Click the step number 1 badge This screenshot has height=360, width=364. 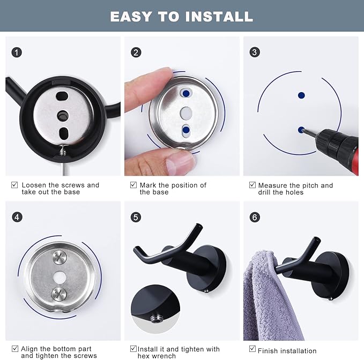coord(17,52)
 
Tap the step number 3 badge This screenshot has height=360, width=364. coord(255,52)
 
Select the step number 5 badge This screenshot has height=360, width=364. coord(136,217)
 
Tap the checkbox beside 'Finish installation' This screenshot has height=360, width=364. coord(252,349)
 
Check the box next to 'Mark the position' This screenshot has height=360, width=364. coord(133,185)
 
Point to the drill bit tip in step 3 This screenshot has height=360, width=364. coord(302,131)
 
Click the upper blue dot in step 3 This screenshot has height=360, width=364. coord(301,95)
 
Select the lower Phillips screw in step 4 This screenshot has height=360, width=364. coord(59,294)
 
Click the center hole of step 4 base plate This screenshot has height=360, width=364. coord(60,277)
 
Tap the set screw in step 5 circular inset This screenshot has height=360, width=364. coord(155,319)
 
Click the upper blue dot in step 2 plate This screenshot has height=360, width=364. coord(186,93)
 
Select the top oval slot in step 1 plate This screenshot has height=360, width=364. coord(62,95)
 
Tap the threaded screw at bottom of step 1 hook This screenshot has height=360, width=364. coord(62,150)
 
